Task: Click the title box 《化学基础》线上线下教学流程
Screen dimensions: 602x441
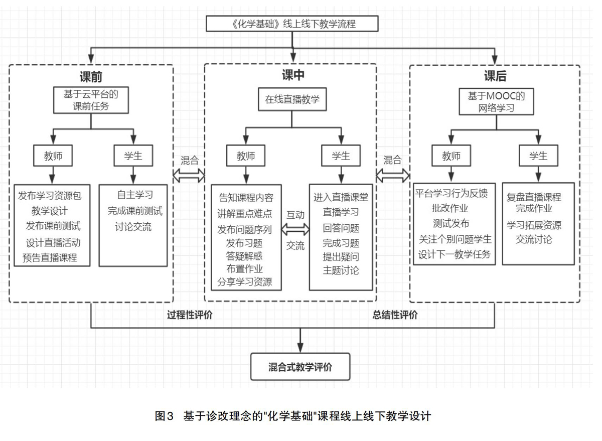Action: click(292, 24)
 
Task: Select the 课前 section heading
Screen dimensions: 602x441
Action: click(91, 77)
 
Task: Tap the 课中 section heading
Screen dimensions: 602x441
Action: click(293, 75)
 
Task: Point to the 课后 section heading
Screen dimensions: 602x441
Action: click(495, 76)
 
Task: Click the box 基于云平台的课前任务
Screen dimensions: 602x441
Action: click(91, 100)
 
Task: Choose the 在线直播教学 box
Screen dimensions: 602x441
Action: click(292, 99)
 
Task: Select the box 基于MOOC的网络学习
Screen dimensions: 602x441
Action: click(496, 101)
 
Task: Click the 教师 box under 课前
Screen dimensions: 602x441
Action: click(53, 156)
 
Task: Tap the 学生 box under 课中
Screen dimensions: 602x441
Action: click(341, 156)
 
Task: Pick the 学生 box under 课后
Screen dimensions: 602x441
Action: click(538, 156)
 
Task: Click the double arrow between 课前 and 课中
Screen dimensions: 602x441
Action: click(189, 176)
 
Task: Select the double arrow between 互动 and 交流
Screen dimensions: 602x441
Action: click(295, 230)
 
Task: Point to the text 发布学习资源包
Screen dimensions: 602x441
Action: click(50, 196)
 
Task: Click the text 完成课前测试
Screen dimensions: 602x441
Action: click(135, 211)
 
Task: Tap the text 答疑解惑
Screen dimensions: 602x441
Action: click(244, 256)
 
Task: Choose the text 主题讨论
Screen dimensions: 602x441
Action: click(341, 270)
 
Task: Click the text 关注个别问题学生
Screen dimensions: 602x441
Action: click(455, 239)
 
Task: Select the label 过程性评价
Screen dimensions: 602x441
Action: click(190, 315)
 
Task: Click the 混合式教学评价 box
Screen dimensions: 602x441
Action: click(300, 367)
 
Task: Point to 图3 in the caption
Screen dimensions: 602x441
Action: click(164, 416)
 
